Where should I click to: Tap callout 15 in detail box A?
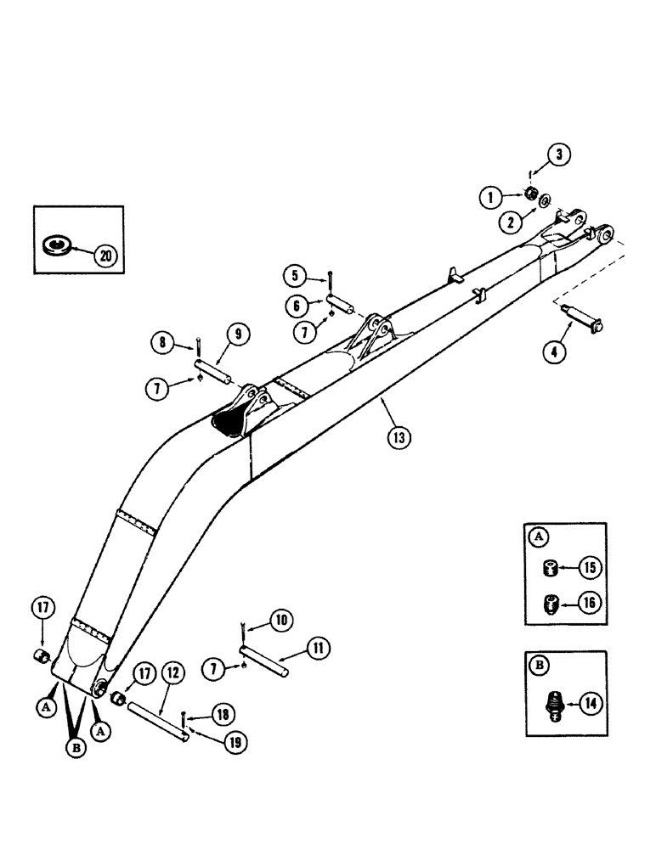click(x=591, y=566)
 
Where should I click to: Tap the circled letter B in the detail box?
click(x=538, y=664)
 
